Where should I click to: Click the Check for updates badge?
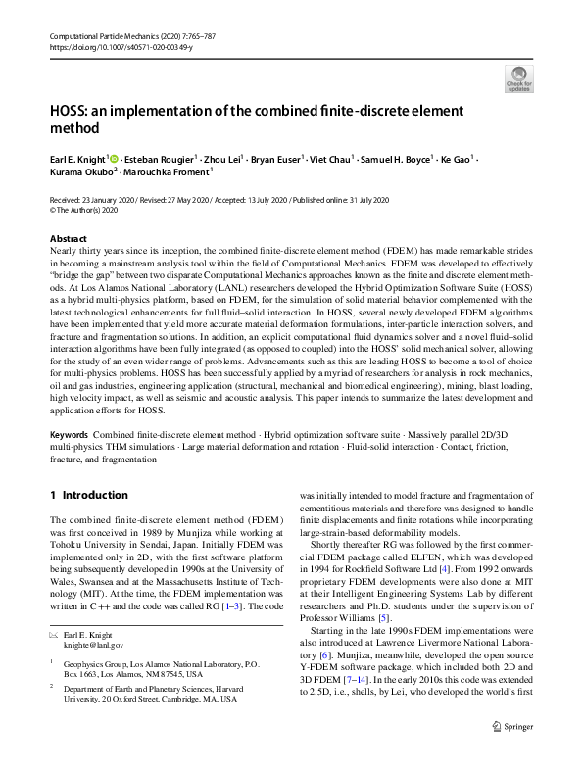coord(517,77)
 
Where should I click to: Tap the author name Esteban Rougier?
coord(162,158)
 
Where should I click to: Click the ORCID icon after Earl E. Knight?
coord(114,158)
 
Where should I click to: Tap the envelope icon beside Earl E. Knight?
coord(54,607)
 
